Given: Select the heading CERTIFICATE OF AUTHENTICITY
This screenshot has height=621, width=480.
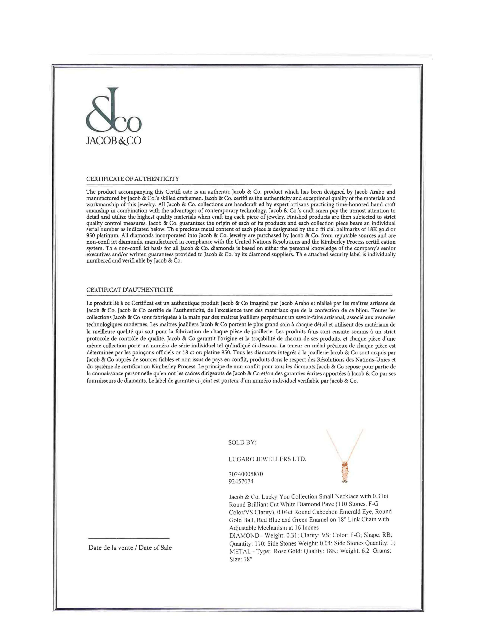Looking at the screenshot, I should pyautogui.click(x=132, y=179).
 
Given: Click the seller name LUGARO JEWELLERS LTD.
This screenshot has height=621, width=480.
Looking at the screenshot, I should pyautogui.click(x=267, y=459).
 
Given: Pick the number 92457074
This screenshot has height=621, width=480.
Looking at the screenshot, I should pyautogui.click(x=241, y=481).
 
